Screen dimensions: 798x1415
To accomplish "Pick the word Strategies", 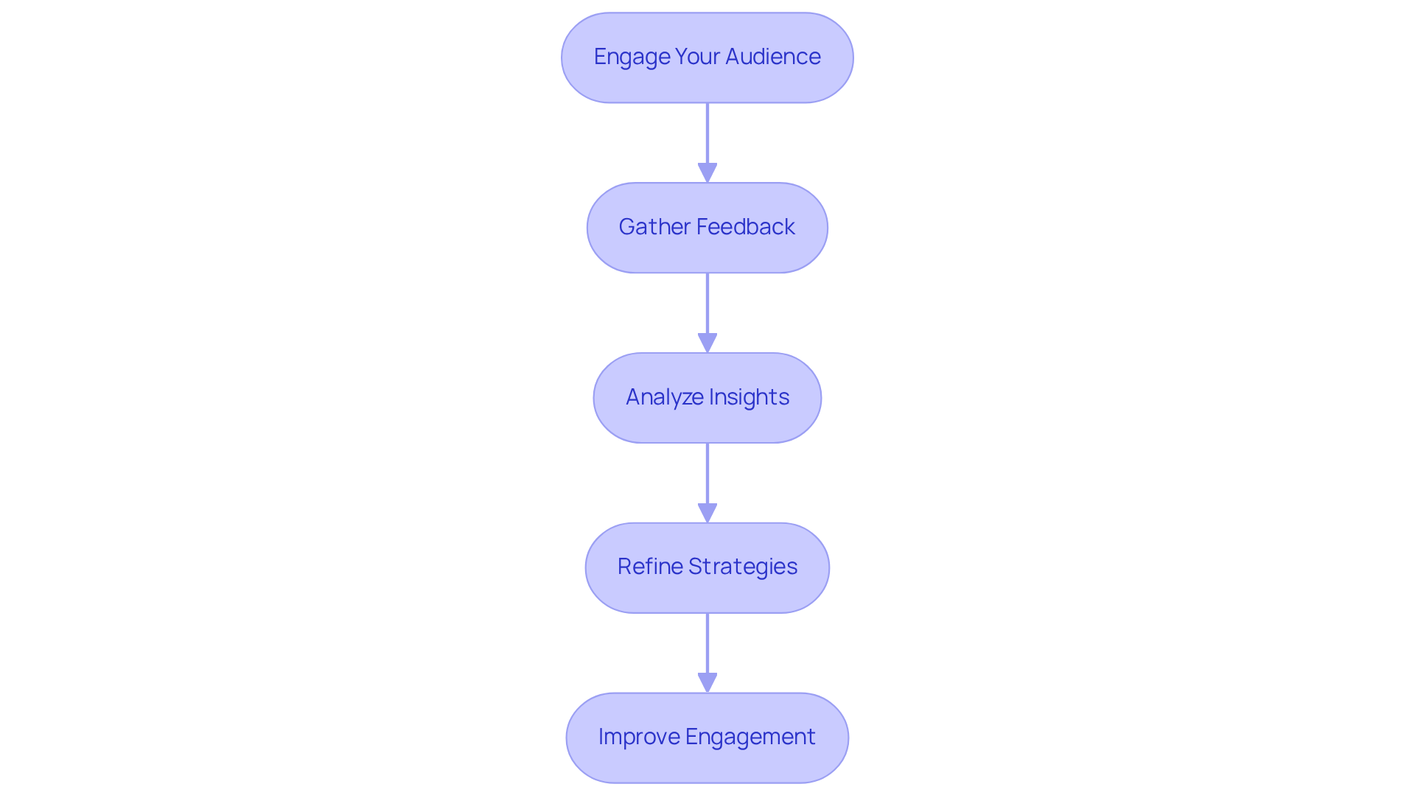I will tap(743, 567).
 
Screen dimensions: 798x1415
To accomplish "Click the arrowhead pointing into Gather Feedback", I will tap(707, 172).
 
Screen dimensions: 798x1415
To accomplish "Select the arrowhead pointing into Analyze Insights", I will tap(707, 343).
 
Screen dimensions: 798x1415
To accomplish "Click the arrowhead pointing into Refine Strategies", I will tap(707, 513).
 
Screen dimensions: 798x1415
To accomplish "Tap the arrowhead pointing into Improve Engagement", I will tap(707, 682).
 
